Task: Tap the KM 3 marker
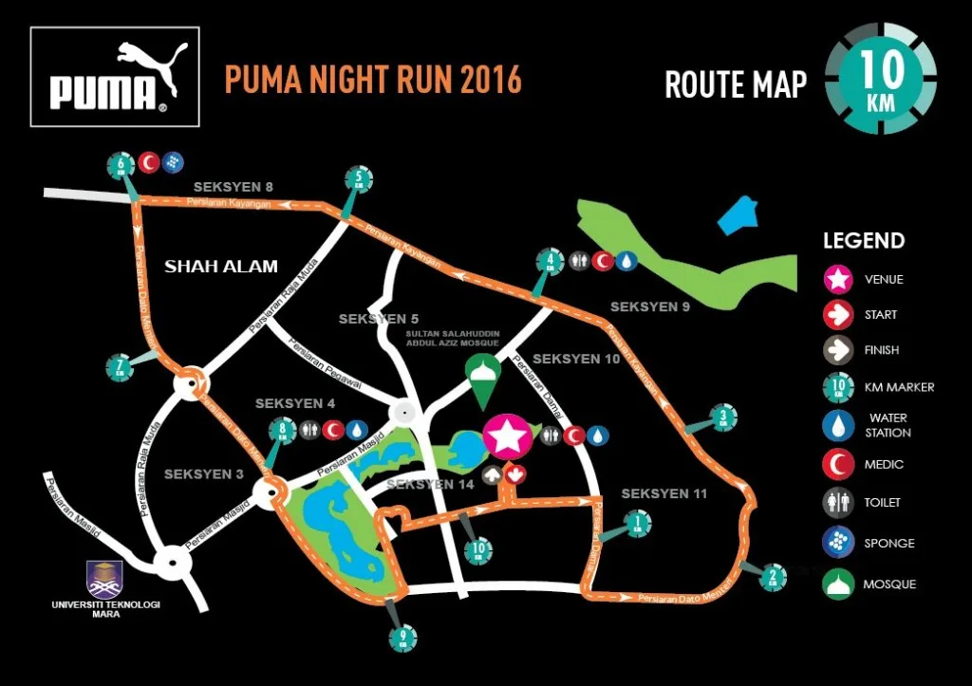point(723,417)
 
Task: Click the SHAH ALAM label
point(221,267)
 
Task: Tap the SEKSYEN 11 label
point(664,493)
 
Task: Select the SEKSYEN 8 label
point(234,187)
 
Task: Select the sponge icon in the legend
point(837,543)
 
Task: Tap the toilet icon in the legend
point(837,503)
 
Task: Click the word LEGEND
point(864,241)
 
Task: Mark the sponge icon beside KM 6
point(172,162)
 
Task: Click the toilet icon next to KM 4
point(579,260)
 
